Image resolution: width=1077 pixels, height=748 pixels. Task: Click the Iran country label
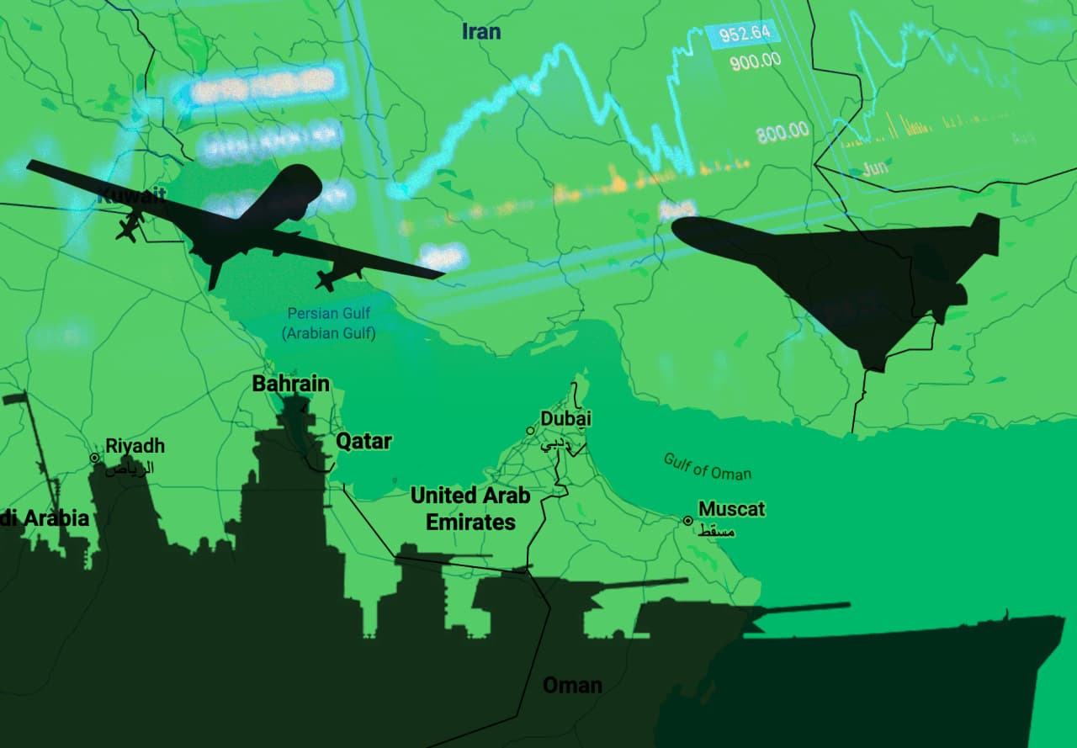[481, 32]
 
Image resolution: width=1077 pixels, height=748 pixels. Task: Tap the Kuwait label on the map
[132, 197]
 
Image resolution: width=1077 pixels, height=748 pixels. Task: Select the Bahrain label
[291, 384]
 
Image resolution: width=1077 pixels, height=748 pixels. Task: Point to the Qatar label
[363, 441]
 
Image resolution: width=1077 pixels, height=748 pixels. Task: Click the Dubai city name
[565, 418]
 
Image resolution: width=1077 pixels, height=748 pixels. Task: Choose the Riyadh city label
[135, 446]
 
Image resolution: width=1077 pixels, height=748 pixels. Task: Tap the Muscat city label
[732, 509]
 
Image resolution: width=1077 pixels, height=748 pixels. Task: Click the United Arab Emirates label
[470, 508]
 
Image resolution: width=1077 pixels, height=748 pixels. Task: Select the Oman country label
[572, 685]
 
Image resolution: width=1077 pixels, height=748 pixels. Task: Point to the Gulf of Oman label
[707, 467]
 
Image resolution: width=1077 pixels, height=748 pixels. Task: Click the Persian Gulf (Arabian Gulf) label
[328, 323]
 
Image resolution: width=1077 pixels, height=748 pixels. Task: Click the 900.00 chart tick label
[755, 61]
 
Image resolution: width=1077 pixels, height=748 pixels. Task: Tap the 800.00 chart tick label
[782, 132]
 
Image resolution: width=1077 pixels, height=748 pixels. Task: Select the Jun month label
[875, 167]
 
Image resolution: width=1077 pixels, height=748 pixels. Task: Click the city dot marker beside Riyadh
[95, 458]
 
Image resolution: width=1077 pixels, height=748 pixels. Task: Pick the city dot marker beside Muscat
[687, 521]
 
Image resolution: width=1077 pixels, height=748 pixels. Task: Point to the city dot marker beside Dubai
[530, 431]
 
